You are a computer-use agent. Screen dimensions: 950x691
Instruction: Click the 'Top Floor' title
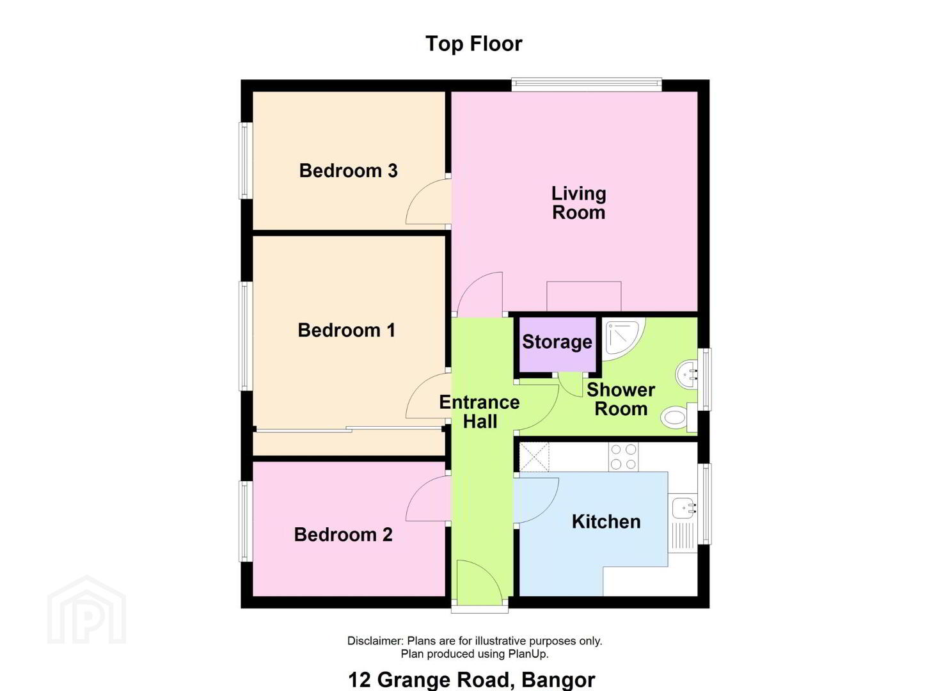[474, 44]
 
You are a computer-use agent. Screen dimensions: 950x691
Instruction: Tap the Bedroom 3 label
[348, 171]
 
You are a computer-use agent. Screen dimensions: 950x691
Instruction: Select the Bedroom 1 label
[347, 330]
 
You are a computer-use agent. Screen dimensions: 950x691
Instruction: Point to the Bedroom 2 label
[343, 534]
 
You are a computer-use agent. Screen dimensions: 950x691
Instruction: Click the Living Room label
[578, 203]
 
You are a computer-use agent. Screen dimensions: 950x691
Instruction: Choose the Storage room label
[557, 342]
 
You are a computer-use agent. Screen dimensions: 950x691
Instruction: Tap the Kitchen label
[606, 521]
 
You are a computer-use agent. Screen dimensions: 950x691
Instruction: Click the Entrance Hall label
[480, 412]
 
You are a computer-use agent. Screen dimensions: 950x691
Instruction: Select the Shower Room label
[621, 399]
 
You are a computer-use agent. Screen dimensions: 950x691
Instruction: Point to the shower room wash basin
[686, 374]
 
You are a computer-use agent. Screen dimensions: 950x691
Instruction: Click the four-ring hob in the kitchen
[624, 457]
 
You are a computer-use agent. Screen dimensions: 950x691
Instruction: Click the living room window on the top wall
[587, 84]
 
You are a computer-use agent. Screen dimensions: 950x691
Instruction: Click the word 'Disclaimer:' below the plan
[376, 640]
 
